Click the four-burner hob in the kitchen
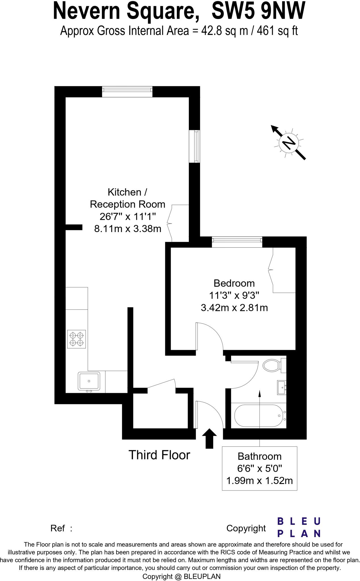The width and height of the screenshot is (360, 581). pos(76,339)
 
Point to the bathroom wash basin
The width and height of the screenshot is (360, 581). pos(282,388)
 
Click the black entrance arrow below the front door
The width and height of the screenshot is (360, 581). pos(209,438)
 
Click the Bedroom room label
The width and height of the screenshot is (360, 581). pos(234,283)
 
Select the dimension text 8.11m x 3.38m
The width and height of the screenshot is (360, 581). pos(127,229)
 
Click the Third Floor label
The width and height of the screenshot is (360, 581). pos(159,455)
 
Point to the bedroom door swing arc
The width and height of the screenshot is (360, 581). pos(216,335)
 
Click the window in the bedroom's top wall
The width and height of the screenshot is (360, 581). pos(237,242)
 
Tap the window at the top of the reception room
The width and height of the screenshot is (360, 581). pos(127,92)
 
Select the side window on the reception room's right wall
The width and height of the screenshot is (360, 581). pos(195,146)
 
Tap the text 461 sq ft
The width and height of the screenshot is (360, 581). pos(277,31)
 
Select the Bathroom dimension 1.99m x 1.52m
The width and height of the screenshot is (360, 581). pos(259,481)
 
